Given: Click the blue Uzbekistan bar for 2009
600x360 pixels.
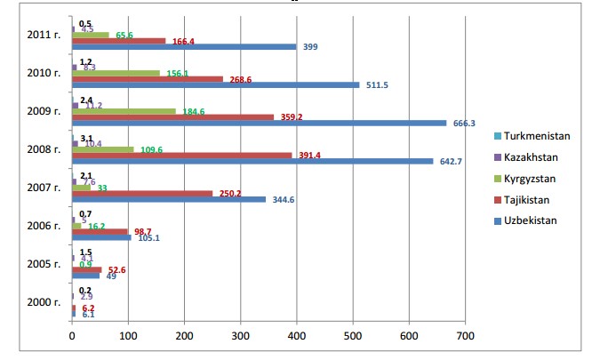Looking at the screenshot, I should point(258,123).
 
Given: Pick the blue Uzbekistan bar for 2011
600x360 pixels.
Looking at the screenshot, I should point(184,46).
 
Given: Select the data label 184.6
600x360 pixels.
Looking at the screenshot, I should point(192,112).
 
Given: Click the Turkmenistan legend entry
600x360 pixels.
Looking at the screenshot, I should point(537,136).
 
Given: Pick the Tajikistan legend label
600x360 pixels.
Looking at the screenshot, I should point(530,199).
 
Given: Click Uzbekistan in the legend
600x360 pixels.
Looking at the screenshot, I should point(531,220).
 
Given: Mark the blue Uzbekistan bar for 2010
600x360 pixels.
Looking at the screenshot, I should point(216,84).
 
